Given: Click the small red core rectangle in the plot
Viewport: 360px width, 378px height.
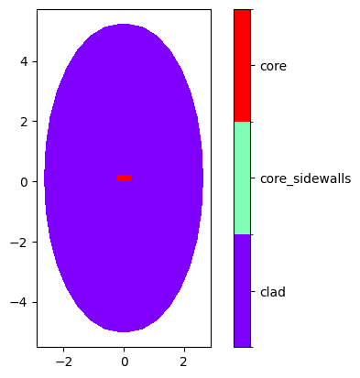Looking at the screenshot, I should tap(124, 178).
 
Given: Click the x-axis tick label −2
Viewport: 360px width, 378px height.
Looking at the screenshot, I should tap(63, 362).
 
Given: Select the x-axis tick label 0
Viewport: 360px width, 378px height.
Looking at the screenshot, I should tap(124, 362).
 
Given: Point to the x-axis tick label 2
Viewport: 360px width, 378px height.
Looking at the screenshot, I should tap(184, 362).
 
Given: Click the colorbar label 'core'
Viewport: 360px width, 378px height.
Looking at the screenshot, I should tap(273, 66).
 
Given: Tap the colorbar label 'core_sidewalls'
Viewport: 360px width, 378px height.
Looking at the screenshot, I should tap(305, 178).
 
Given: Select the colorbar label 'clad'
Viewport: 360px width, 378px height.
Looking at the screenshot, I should tap(273, 292).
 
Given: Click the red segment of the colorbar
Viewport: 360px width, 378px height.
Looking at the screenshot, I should tap(242, 66).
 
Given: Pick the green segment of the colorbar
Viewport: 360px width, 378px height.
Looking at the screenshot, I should tap(242, 178).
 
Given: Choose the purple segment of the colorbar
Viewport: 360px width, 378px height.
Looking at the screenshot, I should tap(242, 291).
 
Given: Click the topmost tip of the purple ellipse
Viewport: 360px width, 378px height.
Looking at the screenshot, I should tap(124, 25).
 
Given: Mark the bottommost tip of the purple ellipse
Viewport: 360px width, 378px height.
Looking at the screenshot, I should tap(124, 331).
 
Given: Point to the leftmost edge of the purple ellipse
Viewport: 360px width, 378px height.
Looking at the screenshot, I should tap(45, 178).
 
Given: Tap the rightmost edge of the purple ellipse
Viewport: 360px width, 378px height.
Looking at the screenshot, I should tap(202, 178).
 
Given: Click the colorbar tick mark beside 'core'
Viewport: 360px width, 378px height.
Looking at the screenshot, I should tap(253, 66).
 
